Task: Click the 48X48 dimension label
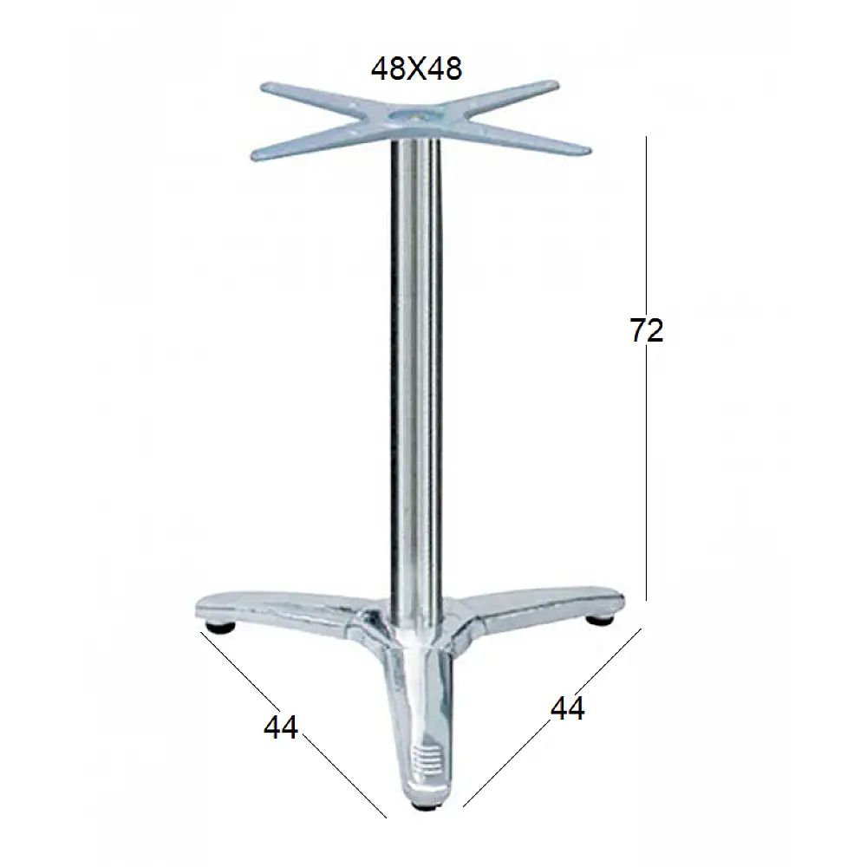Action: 416,68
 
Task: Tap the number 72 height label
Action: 647,330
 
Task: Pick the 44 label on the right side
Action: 568,708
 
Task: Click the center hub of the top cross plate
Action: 414,118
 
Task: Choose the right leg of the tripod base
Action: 555,602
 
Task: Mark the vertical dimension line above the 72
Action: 647,217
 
